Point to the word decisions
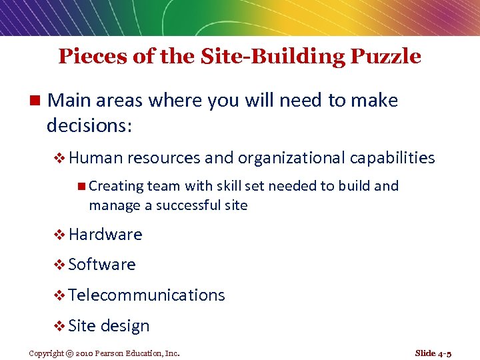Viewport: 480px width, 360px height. (x=87, y=125)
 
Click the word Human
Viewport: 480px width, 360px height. (x=95, y=158)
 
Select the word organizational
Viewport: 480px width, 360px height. (x=289, y=158)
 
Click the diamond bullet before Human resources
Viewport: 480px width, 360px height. (x=59, y=159)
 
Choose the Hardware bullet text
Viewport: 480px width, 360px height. (x=105, y=235)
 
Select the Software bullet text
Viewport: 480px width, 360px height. (x=101, y=265)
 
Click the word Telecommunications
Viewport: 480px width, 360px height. (x=146, y=295)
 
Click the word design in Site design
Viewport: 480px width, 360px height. (x=125, y=326)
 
